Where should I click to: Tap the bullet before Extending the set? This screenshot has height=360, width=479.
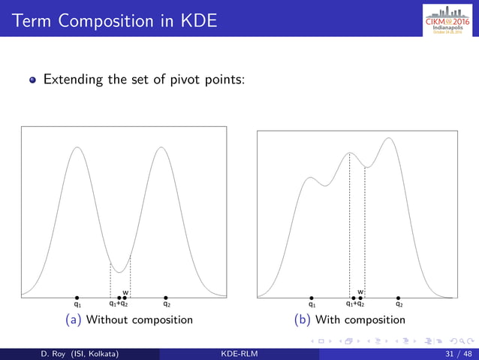point(34,80)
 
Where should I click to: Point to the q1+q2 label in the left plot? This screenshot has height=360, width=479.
point(119,305)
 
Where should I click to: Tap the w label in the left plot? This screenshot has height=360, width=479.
point(125,292)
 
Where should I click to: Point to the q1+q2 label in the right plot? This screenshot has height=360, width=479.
point(354,305)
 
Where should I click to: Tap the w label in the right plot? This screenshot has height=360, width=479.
point(360,292)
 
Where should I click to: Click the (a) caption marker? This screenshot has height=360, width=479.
point(74,320)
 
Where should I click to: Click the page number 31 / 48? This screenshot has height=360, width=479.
point(457,353)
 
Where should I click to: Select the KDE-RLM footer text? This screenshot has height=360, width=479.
point(239,353)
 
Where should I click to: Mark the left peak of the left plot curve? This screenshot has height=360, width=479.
point(77,147)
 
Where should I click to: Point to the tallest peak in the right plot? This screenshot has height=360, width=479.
point(388,138)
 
